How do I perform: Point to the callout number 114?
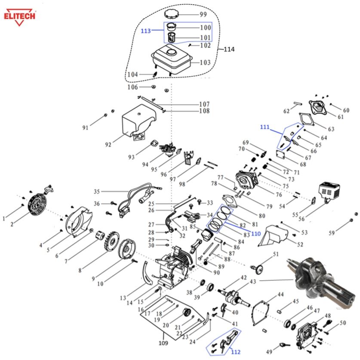[229, 50]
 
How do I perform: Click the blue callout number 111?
[265, 127]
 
